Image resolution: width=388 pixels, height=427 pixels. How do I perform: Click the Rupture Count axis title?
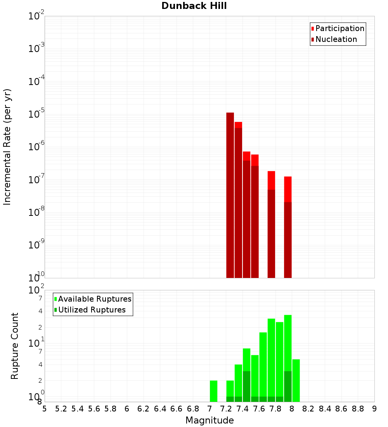15,346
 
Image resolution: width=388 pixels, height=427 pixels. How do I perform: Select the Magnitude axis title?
210,420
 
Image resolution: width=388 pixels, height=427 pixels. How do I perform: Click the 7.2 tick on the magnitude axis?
226,409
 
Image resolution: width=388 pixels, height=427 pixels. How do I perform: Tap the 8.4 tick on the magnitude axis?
325,409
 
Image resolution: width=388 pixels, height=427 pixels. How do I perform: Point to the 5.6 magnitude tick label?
94,409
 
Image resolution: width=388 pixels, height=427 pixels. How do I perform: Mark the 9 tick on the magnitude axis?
374,409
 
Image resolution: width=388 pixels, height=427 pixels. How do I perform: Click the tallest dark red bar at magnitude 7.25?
230,194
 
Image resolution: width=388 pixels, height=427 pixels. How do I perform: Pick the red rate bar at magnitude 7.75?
271,180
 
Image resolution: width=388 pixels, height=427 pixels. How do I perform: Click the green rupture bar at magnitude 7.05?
213,391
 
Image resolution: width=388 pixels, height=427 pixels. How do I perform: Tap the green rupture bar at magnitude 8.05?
296,380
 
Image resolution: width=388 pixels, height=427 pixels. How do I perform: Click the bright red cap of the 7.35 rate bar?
238,125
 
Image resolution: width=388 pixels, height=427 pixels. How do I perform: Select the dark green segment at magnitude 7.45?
246,386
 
